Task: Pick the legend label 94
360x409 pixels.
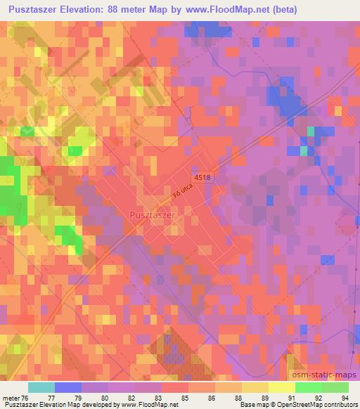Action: (344, 398)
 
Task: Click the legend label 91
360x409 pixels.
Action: (290, 398)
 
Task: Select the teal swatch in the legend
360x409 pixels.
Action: (41, 387)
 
